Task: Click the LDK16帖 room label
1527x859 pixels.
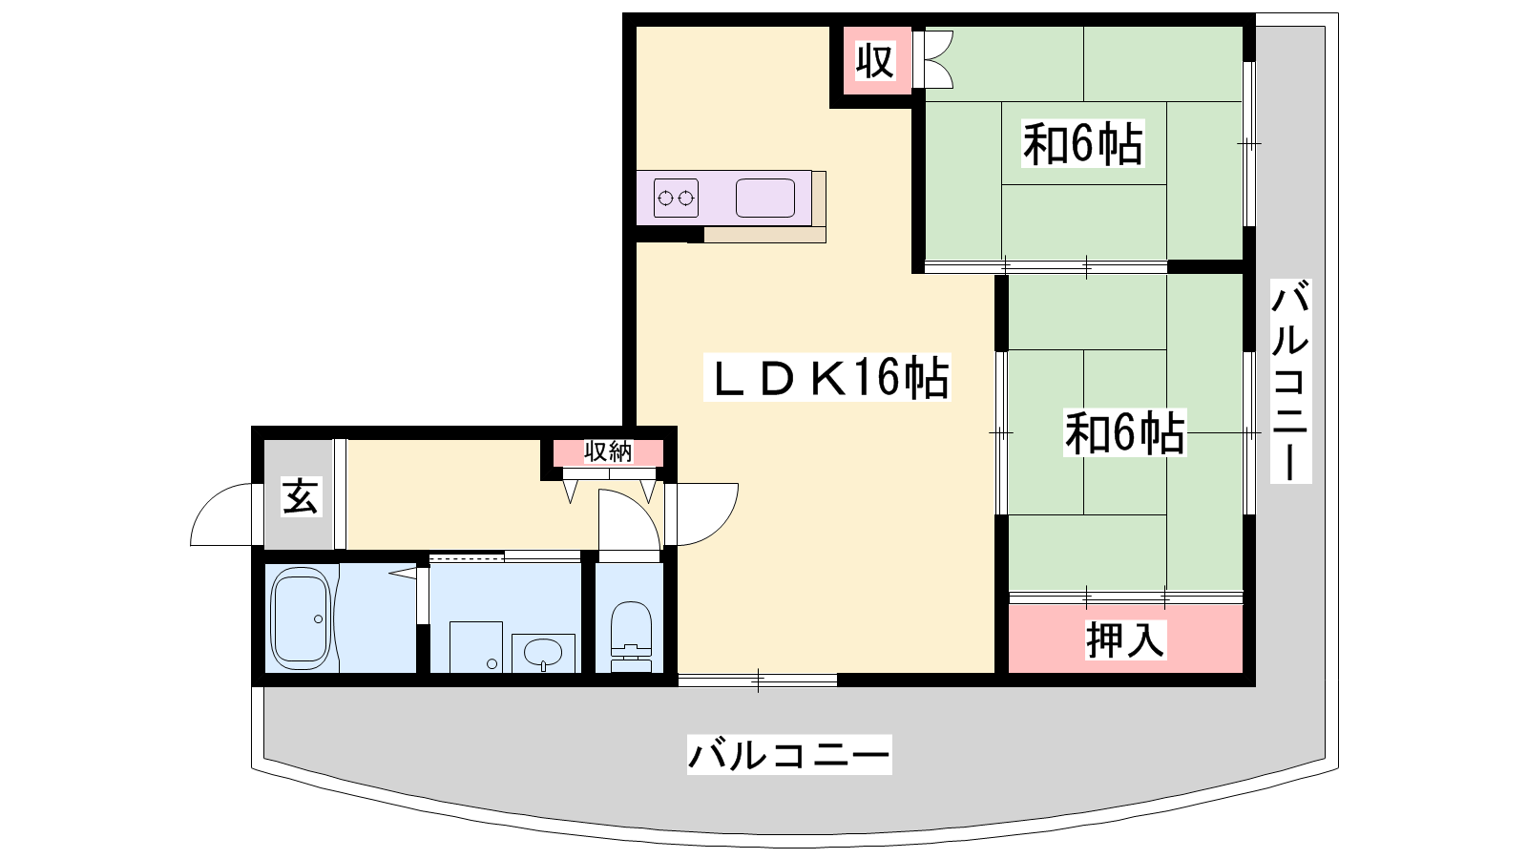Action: pyautogui.click(x=826, y=378)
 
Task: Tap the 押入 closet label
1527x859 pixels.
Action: pyautogui.click(x=1125, y=640)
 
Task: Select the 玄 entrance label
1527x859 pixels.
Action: pyautogui.click(x=301, y=496)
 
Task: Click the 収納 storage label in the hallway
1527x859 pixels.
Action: pyautogui.click(x=608, y=451)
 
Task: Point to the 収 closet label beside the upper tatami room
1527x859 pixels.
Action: pyautogui.click(x=874, y=61)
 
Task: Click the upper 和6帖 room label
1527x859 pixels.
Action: pyautogui.click(x=1082, y=143)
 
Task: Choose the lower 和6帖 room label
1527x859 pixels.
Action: pyautogui.click(x=1125, y=432)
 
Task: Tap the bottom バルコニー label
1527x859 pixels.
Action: pyautogui.click(x=788, y=755)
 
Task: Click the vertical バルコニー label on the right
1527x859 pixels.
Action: pyautogui.click(x=1290, y=381)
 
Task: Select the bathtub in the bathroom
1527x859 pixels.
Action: pyautogui.click(x=302, y=619)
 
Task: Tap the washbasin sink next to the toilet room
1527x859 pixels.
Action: pyautogui.click(x=543, y=653)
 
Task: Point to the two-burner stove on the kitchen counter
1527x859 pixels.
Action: pyautogui.click(x=676, y=199)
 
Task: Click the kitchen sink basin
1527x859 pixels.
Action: pyautogui.click(x=764, y=199)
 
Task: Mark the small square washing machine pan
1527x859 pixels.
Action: pyautogui.click(x=476, y=647)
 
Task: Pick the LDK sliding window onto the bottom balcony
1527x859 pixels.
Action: pyautogui.click(x=758, y=680)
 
